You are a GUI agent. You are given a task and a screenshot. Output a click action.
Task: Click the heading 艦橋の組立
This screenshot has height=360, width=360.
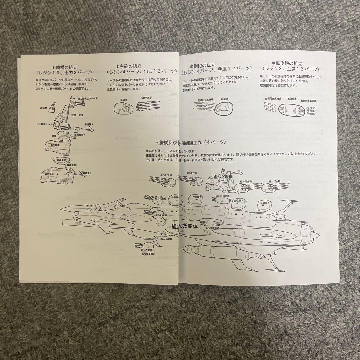[66, 67]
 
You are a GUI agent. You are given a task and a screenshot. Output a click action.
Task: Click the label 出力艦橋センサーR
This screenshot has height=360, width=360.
[87, 99]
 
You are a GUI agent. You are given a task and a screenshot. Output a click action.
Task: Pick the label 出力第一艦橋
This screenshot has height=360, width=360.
[77, 115]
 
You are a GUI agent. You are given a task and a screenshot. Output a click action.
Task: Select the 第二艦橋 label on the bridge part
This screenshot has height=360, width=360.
[55, 145]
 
